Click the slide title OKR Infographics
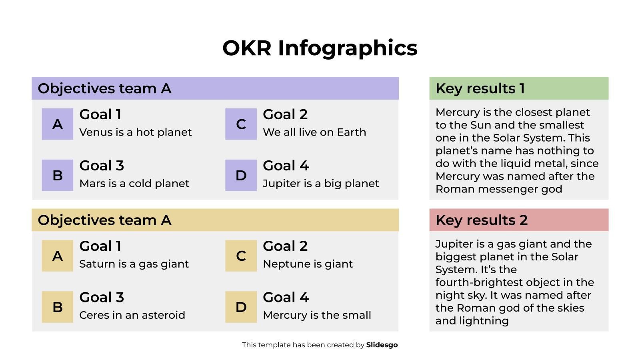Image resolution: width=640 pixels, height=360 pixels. (320, 48)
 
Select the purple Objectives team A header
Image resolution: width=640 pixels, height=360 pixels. (215, 88)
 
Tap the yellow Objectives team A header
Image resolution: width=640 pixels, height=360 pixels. (215, 220)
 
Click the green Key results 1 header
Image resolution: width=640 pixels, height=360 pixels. (518, 88)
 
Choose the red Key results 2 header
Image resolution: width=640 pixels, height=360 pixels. (518, 220)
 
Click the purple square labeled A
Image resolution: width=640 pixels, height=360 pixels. (58, 124)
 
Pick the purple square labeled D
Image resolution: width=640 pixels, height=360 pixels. (241, 175)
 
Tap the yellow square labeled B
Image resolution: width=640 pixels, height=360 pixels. (58, 307)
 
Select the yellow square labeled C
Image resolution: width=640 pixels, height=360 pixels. (241, 256)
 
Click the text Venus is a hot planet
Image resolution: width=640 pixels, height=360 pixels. (135, 132)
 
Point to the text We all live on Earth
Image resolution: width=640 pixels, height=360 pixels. (314, 132)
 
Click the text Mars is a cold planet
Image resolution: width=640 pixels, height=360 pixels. (134, 184)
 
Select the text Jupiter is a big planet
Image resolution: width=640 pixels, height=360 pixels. (320, 184)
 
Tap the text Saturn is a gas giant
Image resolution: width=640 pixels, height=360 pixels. (134, 264)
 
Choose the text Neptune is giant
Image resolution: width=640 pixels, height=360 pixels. (308, 264)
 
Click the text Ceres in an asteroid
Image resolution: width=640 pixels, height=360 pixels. (132, 315)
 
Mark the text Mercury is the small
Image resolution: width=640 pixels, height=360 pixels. (317, 315)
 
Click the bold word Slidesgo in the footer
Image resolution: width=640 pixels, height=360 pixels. (382, 345)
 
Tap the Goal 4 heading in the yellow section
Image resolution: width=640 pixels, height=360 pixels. (286, 297)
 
